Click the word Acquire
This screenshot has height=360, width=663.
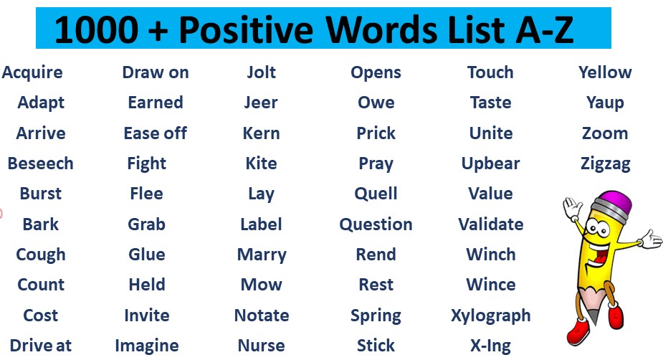32,73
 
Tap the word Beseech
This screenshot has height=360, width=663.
41,164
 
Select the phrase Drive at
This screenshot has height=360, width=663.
41,345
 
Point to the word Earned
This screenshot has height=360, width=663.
156,103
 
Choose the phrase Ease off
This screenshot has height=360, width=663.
156,133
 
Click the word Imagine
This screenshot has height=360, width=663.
147,346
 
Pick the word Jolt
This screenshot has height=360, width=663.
262,72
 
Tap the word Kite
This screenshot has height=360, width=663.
262,164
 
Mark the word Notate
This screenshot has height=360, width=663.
262,315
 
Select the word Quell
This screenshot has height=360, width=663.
376,194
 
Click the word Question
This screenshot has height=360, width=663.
376,224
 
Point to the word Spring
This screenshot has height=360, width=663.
376,316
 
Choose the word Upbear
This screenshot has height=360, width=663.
490,164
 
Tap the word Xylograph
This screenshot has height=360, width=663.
490,316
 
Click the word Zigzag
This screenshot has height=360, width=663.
606,164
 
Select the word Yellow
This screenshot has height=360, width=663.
606,72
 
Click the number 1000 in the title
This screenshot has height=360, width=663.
97,29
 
